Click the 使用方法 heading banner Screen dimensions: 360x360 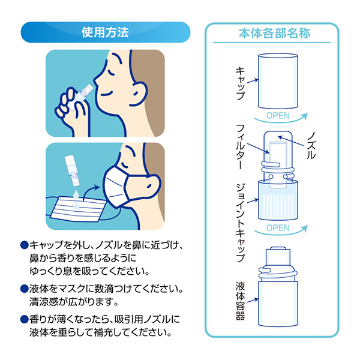104,32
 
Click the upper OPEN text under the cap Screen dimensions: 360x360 277,116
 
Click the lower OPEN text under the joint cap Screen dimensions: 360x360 277,227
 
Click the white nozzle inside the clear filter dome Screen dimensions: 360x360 278,152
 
